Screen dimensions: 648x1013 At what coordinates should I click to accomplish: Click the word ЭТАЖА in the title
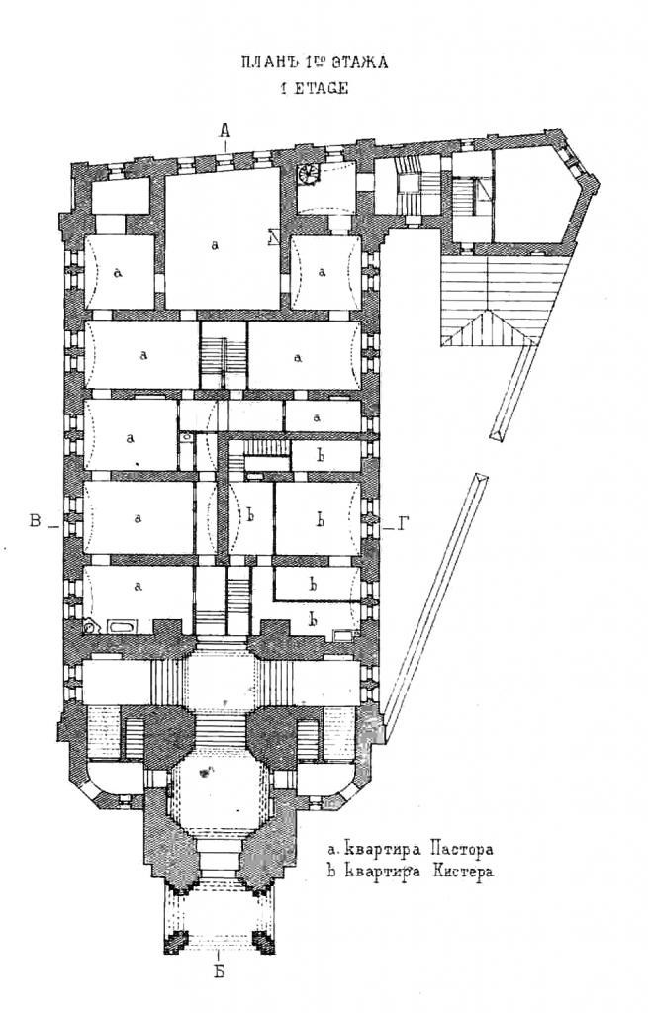tap(360, 62)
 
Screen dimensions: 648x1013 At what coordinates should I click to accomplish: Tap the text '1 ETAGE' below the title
tap(314, 88)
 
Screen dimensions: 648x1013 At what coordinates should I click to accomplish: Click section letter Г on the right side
tap(404, 524)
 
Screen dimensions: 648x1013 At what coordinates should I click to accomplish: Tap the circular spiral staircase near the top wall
tap(308, 173)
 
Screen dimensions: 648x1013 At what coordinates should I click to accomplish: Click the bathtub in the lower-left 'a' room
tap(123, 626)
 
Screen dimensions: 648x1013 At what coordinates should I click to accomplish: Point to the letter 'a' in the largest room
tap(215, 245)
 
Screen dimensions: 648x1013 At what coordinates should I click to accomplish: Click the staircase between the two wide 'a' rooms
tap(224, 355)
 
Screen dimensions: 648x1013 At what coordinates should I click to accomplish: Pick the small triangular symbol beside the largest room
tap(272, 237)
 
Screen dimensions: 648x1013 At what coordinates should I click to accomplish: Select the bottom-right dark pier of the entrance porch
tap(263, 942)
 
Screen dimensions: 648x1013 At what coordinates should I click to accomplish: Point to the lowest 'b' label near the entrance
tap(314, 620)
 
